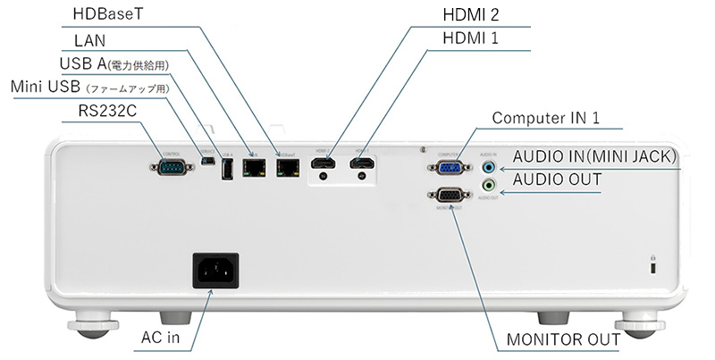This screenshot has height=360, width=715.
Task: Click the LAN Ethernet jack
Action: coord(256,166)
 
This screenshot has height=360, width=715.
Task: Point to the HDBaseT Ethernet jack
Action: coord(288,166)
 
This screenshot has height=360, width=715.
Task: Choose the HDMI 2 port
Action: coord(324,163)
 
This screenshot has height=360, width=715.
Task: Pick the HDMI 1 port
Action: coord(361,163)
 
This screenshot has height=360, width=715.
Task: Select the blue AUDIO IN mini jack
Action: coord(488,165)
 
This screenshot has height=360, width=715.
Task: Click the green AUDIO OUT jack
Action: coord(488,186)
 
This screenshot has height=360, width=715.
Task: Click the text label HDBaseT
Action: coord(106,15)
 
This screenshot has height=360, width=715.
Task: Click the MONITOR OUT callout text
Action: coord(562,340)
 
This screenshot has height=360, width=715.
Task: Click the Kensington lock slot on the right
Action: coord(652,267)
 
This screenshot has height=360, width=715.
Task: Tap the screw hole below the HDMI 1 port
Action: coord(361,177)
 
